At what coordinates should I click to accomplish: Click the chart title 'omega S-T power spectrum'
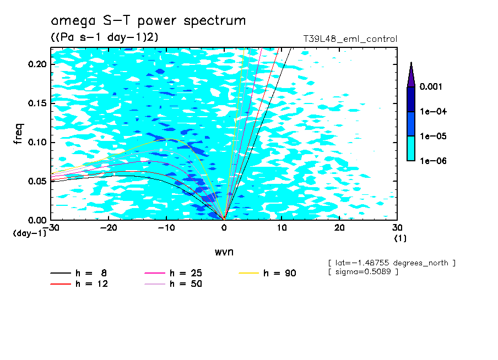[x=148, y=21]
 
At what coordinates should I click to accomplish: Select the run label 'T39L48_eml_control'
[x=350, y=39]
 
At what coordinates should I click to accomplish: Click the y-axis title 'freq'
[x=18, y=133]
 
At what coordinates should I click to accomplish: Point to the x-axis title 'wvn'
[x=223, y=252]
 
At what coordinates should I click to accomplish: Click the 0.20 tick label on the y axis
[x=38, y=64]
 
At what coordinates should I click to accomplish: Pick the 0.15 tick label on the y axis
[x=38, y=103]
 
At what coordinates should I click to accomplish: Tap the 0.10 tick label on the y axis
[x=38, y=143]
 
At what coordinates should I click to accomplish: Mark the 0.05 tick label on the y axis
[x=38, y=181]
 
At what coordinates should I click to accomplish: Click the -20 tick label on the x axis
[x=109, y=227]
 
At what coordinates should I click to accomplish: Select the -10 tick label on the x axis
[x=166, y=227]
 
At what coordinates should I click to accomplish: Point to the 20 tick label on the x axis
[x=339, y=227]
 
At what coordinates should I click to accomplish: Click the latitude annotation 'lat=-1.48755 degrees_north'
[x=391, y=263]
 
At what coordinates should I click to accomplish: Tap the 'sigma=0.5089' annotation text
[x=363, y=272]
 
